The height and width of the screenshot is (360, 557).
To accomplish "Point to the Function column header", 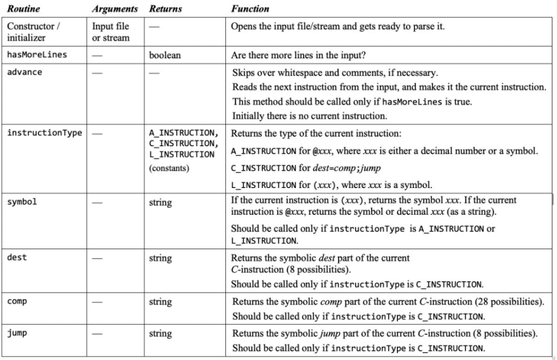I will point(250,9).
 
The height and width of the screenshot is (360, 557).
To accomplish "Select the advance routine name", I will point(25,73).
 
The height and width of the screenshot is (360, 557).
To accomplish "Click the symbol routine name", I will point(22,202).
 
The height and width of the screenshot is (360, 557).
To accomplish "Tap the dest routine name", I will point(17,257).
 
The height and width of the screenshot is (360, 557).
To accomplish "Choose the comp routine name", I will point(17,301).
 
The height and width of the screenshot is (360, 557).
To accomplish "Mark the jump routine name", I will point(17,333).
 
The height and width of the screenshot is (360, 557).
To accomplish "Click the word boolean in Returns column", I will point(165,56).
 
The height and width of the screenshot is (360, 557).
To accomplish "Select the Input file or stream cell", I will point(111,32).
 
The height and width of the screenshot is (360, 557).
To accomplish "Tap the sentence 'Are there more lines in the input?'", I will point(299,56).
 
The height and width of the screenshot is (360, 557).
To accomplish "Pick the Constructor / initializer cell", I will point(32,32).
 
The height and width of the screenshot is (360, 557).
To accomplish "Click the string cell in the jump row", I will point(160,334).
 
